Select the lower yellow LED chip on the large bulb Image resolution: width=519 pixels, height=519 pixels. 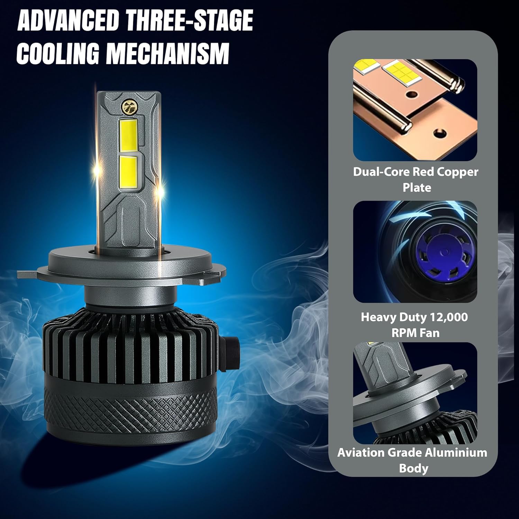(x=128, y=173)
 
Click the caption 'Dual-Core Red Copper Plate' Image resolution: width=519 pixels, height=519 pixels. (x=416, y=180)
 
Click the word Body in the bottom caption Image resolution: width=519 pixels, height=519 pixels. (x=413, y=468)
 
